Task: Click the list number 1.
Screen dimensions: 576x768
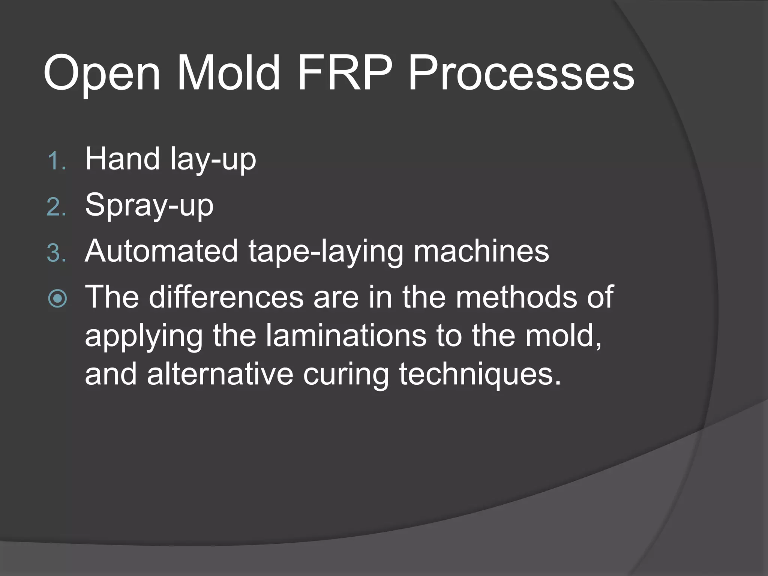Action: click(x=56, y=161)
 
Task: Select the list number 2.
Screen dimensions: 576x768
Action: click(x=56, y=207)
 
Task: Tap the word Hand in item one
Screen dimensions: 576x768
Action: click(x=122, y=159)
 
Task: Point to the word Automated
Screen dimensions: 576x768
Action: click(x=161, y=251)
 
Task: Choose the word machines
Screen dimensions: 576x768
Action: click(x=481, y=251)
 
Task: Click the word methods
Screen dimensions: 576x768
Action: click(x=516, y=297)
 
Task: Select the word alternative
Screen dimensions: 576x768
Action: click(x=220, y=374)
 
